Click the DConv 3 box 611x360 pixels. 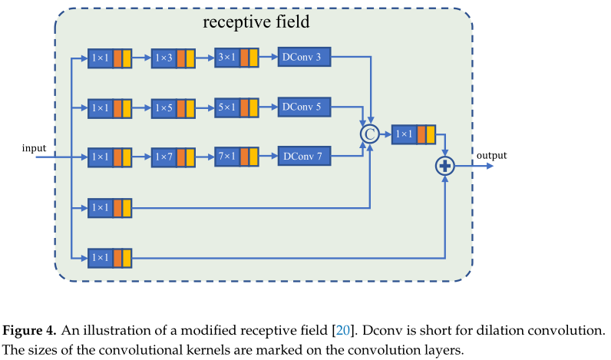[x=305, y=58]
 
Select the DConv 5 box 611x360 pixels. [x=305, y=107]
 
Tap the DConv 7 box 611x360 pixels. [x=305, y=157]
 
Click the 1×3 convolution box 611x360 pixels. [x=173, y=58]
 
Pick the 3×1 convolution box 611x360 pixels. [x=236, y=58]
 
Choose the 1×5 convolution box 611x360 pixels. [x=173, y=107]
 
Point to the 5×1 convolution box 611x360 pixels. [x=236, y=107]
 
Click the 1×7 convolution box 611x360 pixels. [x=173, y=157]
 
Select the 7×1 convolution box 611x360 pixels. [x=236, y=157]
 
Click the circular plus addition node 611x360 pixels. [x=445, y=165]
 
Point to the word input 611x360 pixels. [x=35, y=147]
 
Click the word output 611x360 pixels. [x=491, y=156]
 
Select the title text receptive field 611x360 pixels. [x=256, y=22]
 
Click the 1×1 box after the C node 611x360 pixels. [x=413, y=134]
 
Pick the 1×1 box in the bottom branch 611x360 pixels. [x=109, y=257]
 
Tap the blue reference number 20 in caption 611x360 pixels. [x=343, y=331]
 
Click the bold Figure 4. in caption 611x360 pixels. [x=29, y=331]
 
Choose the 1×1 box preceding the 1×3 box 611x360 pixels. [x=109, y=58]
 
